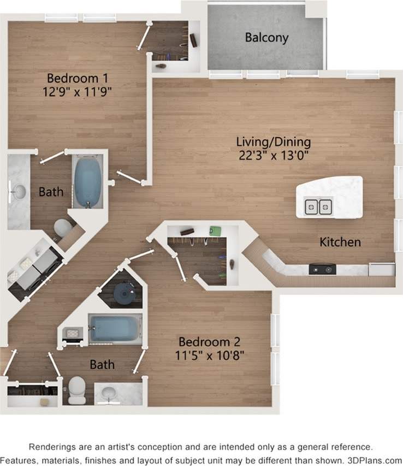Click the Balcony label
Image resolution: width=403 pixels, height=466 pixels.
click(266, 38)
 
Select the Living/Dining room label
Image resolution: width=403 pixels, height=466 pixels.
click(273, 141)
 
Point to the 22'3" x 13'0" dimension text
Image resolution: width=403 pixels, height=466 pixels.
click(274, 155)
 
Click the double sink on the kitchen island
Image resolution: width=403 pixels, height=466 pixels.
click(318, 207)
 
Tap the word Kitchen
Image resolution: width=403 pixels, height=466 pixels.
click(340, 241)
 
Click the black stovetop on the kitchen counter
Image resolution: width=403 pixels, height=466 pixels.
click(322, 269)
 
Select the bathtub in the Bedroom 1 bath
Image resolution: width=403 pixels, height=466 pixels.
click(88, 181)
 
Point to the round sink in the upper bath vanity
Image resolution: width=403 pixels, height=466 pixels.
click(19, 192)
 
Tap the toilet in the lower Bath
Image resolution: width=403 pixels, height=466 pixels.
click(76, 390)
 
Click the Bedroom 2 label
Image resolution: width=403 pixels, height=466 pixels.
click(210, 342)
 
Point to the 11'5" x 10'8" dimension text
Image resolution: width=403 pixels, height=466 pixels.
click(210, 355)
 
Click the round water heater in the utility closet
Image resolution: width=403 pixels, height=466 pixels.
click(123, 294)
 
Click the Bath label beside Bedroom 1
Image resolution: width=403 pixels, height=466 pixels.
click(51, 192)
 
